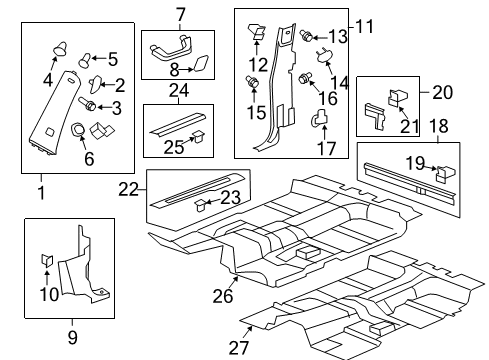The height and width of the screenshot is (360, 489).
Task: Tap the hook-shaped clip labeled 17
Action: (321, 122)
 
